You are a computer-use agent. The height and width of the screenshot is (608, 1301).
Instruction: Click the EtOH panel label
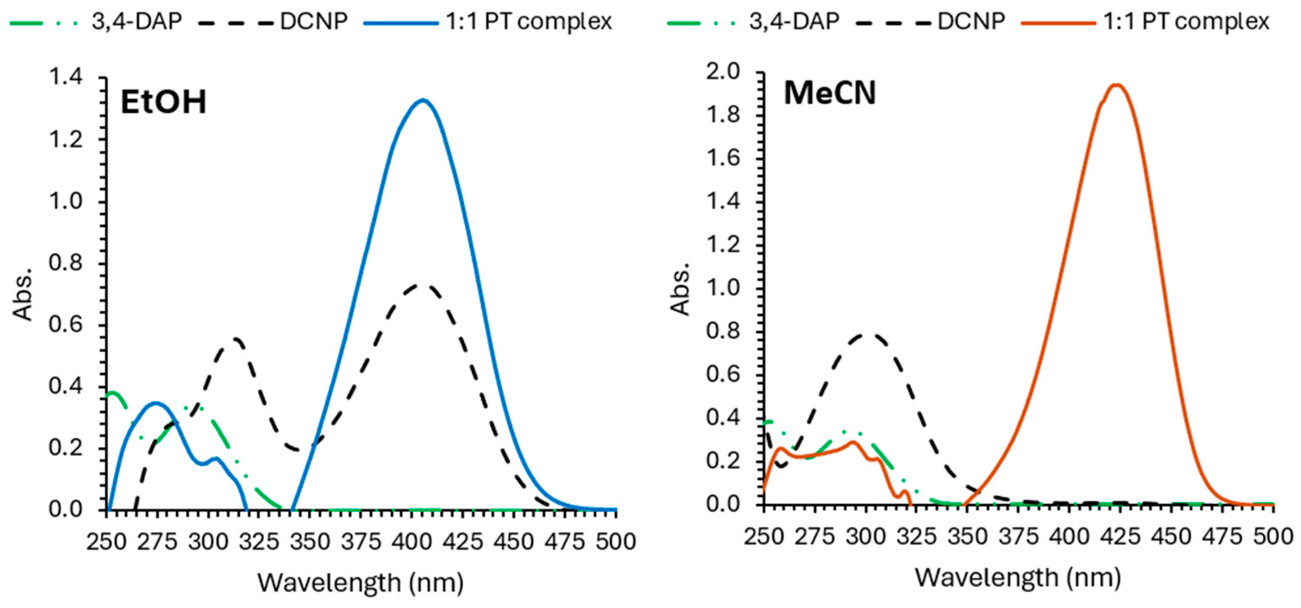[x=163, y=102]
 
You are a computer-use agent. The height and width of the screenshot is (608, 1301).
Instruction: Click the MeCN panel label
[x=829, y=94]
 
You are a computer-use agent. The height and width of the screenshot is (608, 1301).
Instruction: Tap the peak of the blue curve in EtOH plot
[x=423, y=100]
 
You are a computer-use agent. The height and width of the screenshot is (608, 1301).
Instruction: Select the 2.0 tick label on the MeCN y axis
[x=723, y=72]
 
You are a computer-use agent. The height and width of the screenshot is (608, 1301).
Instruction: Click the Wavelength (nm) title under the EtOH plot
[x=361, y=583]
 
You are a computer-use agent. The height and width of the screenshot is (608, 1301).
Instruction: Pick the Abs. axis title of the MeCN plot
[x=681, y=290]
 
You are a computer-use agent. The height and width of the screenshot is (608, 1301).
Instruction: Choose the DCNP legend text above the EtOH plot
[x=313, y=22]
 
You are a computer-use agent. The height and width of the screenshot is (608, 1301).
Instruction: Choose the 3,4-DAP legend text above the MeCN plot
[x=794, y=22]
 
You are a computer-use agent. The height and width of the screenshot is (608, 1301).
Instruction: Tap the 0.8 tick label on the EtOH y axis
[x=65, y=263]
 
